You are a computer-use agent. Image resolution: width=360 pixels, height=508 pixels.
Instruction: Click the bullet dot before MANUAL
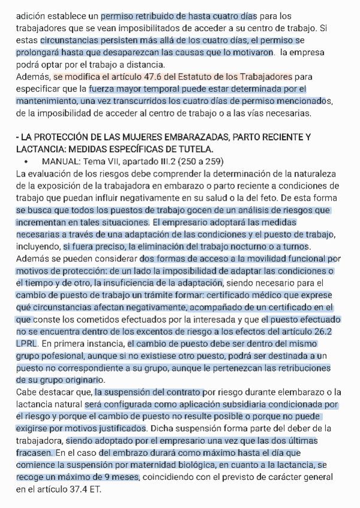click(27, 162)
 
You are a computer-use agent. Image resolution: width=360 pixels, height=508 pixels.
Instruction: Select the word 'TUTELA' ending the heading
click(196, 149)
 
